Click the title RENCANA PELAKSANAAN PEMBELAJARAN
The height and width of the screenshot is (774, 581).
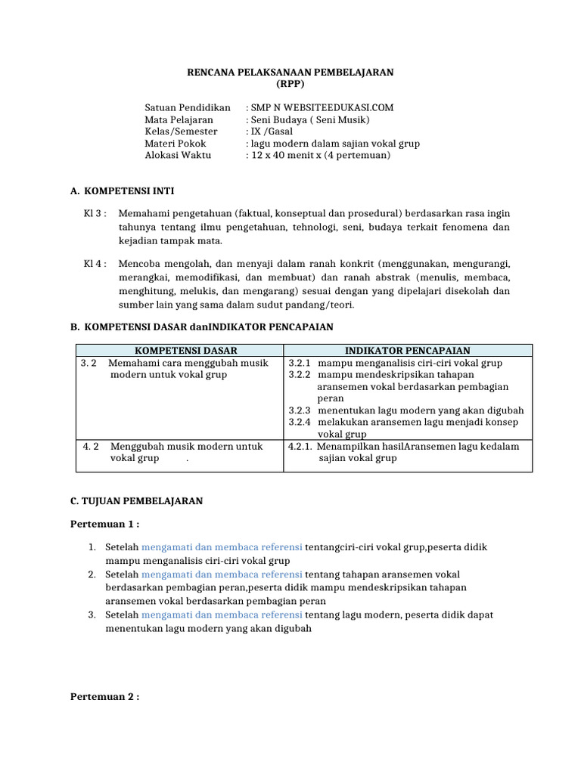pos(290,72)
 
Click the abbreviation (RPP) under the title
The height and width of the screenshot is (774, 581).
pos(290,84)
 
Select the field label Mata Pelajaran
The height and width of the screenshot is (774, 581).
pos(179,119)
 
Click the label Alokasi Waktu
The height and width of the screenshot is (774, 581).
pos(179,155)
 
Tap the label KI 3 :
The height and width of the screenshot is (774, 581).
pos(95,214)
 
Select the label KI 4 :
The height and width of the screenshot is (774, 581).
pos(95,264)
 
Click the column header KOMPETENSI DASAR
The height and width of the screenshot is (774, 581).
pos(185,350)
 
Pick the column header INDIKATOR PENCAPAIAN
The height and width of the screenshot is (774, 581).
pos(408,350)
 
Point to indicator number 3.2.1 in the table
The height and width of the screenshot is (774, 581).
pos(300,363)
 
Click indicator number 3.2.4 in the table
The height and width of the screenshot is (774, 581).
pos(300,422)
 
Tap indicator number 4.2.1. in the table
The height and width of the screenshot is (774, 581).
pos(302,446)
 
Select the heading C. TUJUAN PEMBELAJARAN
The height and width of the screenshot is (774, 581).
pos(136,500)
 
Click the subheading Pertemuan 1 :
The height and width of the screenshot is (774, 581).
pos(105,524)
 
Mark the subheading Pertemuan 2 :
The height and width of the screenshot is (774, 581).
pos(105,696)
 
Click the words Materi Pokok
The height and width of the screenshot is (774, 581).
pos(176,143)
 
